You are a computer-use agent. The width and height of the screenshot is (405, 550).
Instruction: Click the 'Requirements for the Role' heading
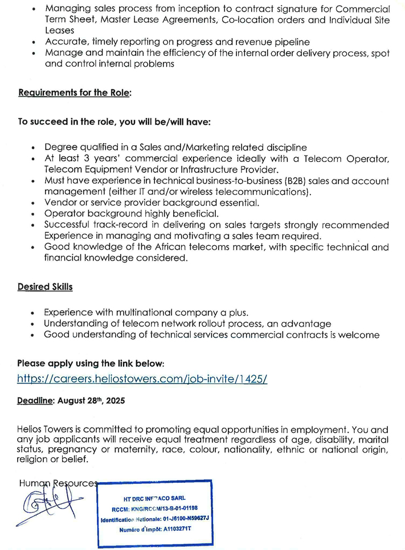point(75,92)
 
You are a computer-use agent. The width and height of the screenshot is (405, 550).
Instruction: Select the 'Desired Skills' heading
point(45,287)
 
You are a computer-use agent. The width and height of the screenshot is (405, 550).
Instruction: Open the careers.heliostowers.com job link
point(142,378)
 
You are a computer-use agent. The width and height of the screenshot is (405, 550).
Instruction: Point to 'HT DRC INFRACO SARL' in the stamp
point(155,498)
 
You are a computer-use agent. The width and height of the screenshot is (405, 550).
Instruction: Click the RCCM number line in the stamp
point(155,508)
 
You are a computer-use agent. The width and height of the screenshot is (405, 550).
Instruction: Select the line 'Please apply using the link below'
point(91,363)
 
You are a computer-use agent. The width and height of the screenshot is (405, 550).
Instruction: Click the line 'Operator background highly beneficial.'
point(132,214)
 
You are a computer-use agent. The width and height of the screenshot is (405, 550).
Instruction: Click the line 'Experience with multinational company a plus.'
point(146,312)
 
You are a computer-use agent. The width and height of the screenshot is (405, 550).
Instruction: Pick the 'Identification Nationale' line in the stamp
point(155,519)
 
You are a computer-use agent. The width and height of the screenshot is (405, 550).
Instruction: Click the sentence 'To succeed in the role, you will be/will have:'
point(114,122)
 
